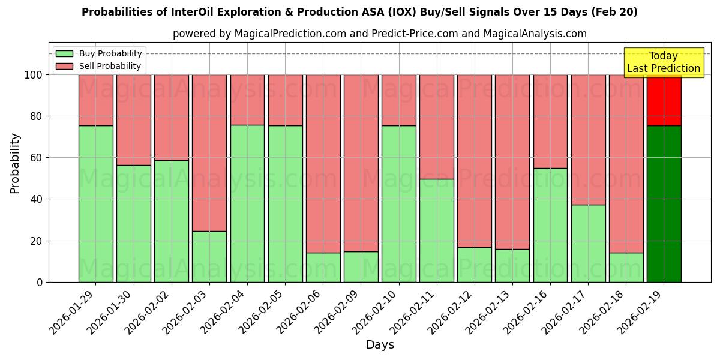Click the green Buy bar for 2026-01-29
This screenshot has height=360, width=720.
[95, 203]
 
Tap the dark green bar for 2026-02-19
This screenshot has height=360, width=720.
[664, 203]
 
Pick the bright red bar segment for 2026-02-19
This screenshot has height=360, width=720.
[664, 100]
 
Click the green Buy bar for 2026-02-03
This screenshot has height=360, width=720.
[209, 256]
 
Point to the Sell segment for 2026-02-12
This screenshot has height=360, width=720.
[475, 161]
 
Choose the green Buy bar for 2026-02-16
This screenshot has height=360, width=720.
[550, 225]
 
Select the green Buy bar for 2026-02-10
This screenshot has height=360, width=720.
[399, 203]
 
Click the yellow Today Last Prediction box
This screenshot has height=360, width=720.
[663, 62]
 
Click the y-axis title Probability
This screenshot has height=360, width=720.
[15, 163]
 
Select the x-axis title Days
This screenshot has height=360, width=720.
[380, 345]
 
